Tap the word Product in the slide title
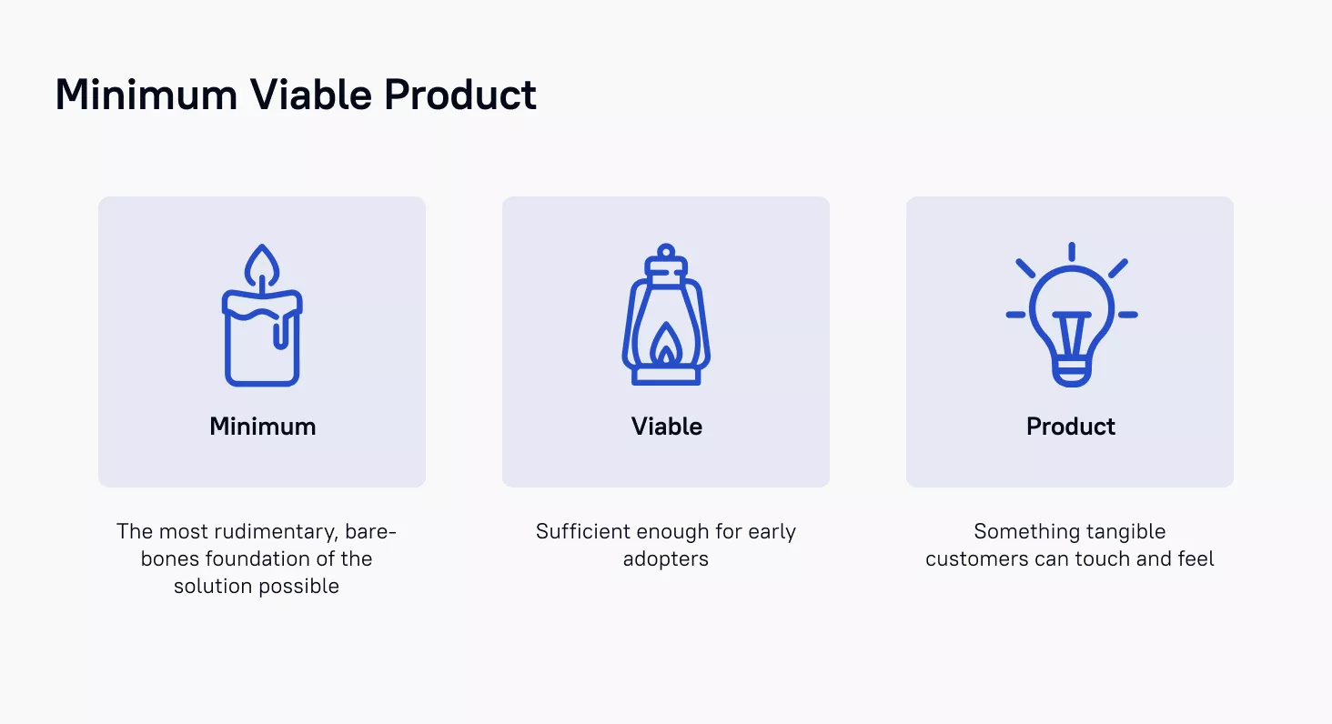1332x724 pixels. (460, 95)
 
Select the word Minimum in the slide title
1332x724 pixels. (146, 95)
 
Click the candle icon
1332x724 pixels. (262, 315)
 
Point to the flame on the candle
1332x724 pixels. (262, 266)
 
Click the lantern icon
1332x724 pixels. (666, 315)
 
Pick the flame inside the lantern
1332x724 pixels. (666, 344)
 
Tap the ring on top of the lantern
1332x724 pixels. (666, 251)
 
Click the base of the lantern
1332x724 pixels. (666, 377)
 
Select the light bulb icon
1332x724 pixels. (1072, 315)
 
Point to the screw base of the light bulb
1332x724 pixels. (1072, 372)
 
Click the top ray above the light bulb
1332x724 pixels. (1072, 251)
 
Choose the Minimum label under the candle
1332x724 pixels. (262, 427)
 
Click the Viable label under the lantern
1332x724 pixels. (667, 427)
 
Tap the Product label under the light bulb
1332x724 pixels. (1070, 427)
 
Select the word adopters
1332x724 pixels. (666, 559)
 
